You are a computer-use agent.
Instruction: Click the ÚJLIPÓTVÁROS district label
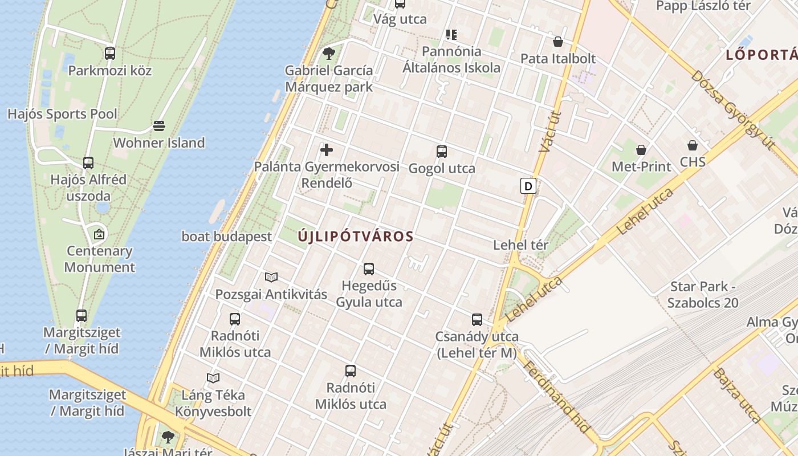356,237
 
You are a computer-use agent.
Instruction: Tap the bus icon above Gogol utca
442,152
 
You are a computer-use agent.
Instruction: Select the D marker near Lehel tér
528,186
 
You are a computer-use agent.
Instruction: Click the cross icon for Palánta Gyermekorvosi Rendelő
327,150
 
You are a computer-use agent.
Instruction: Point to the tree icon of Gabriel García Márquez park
328,54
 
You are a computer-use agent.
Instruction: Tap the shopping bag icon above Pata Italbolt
558,42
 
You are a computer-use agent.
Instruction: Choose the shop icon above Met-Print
641,150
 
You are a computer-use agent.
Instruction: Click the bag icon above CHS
693,145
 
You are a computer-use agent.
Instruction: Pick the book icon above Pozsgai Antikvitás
271,278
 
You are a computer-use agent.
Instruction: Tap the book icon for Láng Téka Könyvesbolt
213,378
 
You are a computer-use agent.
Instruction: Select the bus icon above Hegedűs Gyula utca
369,268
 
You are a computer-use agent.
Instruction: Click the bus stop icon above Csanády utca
477,320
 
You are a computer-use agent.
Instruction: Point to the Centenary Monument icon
99,234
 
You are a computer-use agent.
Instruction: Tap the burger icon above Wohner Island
159,125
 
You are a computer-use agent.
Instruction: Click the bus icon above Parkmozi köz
110,54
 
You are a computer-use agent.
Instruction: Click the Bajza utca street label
737,395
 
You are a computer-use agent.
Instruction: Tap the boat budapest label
227,237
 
